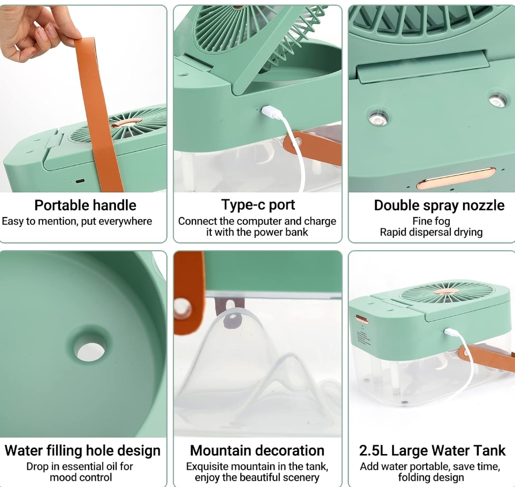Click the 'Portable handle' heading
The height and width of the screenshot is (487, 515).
[85, 205]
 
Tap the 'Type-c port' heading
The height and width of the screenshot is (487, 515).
[258, 204]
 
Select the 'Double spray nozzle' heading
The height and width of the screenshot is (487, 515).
[439, 205]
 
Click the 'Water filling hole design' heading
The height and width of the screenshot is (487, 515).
[83, 450]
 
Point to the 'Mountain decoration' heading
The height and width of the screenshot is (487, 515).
[257, 450]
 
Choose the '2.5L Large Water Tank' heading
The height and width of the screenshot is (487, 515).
[432, 450]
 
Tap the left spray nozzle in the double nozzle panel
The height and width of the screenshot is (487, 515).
[378, 119]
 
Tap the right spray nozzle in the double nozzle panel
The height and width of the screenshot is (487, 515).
[498, 100]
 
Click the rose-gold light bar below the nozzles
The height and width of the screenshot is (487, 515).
[456, 179]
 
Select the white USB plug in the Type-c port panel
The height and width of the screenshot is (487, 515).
[272, 112]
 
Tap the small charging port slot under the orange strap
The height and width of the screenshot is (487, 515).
[80, 181]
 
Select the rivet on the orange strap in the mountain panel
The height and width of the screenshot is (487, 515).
[182, 308]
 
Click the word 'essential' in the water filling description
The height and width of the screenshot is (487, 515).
[82, 466]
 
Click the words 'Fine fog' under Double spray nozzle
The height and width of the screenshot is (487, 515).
[431, 221]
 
